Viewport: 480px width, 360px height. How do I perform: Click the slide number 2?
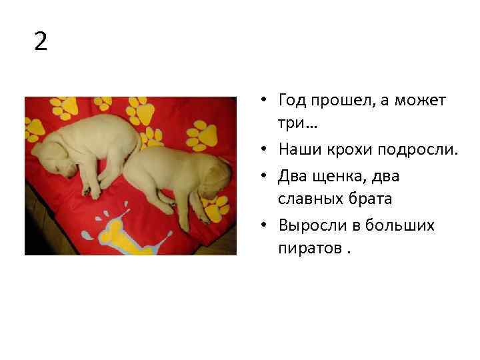click(41, 42)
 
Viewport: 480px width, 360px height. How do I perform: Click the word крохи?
click(349, 150)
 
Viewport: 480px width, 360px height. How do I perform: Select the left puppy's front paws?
click(100, 183)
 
